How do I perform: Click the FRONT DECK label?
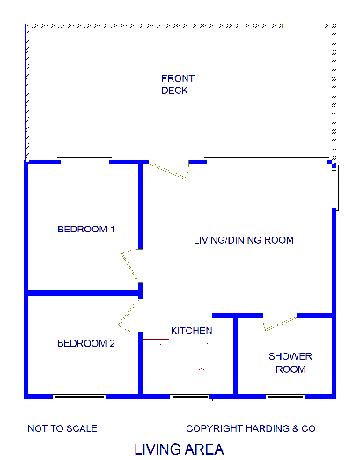pos(177,84)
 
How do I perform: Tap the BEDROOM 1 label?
pos(85,230)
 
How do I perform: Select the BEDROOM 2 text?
pos(85,344)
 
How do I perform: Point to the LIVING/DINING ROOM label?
pos(243,240)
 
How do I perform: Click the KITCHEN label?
pos(191,331)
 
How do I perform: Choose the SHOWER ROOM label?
pos(290,362)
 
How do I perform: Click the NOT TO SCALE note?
pos(62,429)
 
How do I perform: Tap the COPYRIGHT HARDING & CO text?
pos(250,429)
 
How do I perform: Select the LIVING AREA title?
pos(179,449)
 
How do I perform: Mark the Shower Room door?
pos(279,321)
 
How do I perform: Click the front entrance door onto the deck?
pos(170,170)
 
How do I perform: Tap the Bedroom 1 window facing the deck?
pos(84,161)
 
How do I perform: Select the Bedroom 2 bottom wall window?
pos(77,397)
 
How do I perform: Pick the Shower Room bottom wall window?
pos(285,397)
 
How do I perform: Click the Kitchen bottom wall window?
pos(190,397)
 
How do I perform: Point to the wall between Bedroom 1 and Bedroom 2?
pos(84,292)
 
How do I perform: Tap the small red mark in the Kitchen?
pos(202,367)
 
